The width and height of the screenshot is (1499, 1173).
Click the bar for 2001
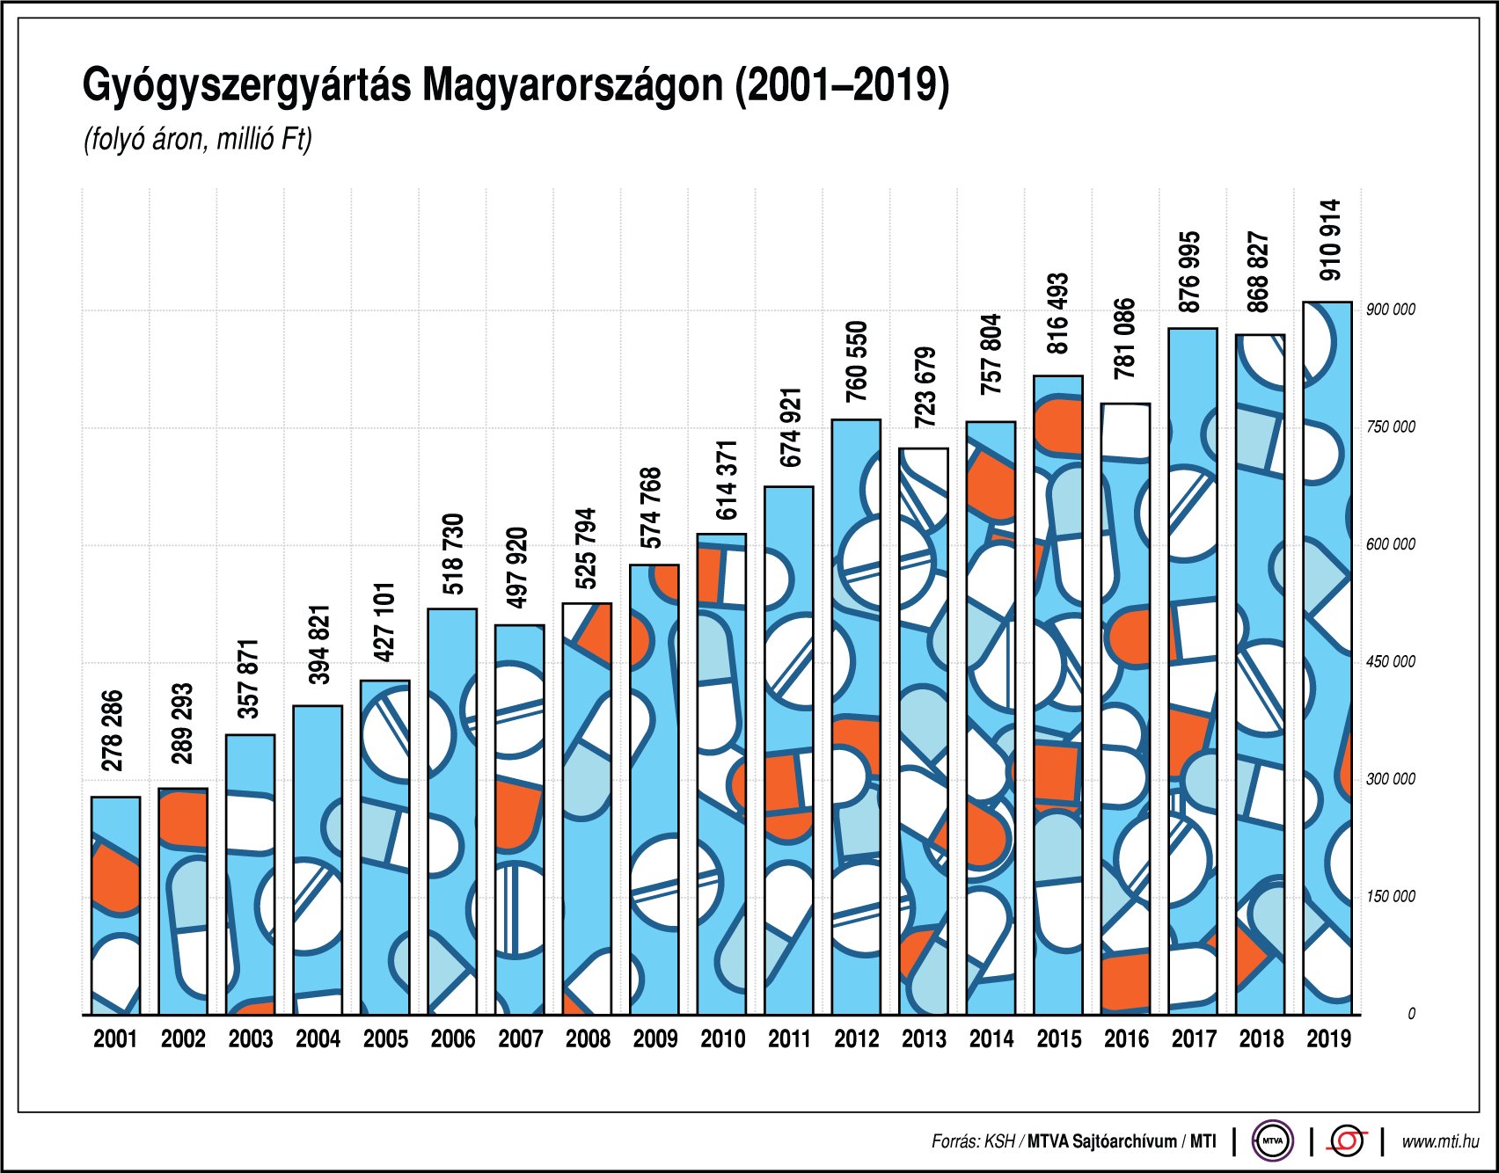115,906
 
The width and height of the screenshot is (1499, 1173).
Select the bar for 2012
856,717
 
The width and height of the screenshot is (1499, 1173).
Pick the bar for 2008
587,809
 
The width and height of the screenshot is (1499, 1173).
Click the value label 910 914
1331,240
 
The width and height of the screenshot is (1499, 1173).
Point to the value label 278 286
113,731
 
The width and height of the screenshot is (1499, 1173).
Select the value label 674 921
791,427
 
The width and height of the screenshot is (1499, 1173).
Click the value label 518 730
453,554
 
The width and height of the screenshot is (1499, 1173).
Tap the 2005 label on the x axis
385,1039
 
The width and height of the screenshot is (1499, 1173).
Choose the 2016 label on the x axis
1126,1039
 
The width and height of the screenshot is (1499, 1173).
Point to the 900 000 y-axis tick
1390,310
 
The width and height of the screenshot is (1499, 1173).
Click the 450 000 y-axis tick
1390,662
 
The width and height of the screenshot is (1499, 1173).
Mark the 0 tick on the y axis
1411,1014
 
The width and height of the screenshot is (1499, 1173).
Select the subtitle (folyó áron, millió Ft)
198,140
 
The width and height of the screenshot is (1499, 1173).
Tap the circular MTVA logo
1272,1141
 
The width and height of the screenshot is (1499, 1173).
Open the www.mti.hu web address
1439,1141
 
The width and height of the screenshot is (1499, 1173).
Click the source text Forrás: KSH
973,1141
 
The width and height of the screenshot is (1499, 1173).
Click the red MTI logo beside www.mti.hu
1347,1141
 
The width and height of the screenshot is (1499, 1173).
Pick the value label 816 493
1058,313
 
